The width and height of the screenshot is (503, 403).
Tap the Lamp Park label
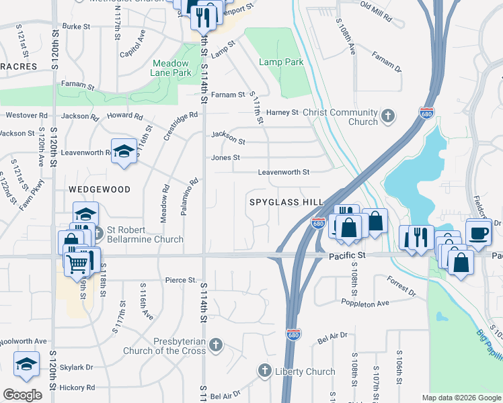click(x=281, y=62)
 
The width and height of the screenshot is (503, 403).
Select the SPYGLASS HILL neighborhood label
click(x=286, y=202)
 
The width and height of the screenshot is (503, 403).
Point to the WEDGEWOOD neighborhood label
click(x=100, y=190)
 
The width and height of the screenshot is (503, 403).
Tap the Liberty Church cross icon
click(x=265, y=371)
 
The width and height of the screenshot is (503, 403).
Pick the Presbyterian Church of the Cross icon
click(x=215, y=346)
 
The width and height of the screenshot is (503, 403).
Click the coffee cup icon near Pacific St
click(x=478, y=232)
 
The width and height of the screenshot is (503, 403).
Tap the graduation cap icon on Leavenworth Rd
click(x=124, y=151)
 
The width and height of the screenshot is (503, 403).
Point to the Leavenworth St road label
click(x=284, y=173)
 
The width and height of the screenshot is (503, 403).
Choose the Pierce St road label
click(x=180, y=280)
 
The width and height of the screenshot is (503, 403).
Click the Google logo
click(x=23, y=395)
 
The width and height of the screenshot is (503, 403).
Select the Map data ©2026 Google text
click(x=461, y=398)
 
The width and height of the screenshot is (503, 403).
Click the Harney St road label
click(x=282, y=112)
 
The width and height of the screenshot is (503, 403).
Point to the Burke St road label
click(x=75, y=26)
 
